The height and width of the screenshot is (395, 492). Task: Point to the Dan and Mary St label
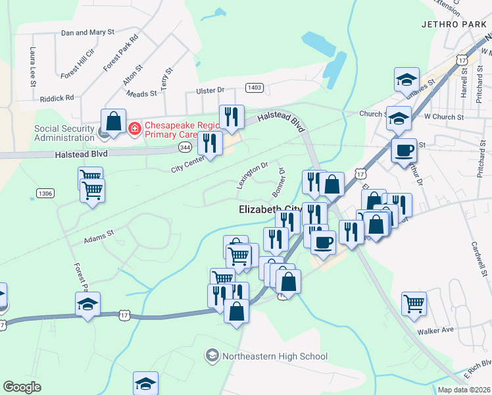coord(87,32)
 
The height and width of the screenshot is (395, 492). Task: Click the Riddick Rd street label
coord(57,98)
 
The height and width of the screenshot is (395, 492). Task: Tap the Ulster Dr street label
coord(210,90)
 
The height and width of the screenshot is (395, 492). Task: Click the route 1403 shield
coord(255,87)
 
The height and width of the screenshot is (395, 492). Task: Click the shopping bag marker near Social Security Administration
coord(113,121)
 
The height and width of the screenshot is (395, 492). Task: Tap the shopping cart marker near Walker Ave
coord(414,303)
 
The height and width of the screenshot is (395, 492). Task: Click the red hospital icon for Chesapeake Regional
coord(134,128)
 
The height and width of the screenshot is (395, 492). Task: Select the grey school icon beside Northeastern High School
coord(212,357)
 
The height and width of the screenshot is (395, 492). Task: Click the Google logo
coord(22,387)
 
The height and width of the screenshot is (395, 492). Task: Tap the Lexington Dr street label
coord(252,176)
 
